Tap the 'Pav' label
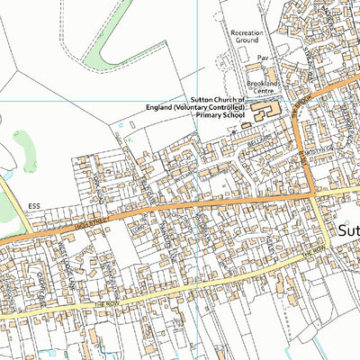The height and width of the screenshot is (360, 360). [264, 58]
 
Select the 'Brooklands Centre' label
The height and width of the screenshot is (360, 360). [266, 87]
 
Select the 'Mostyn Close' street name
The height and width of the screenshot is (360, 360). [324, 148]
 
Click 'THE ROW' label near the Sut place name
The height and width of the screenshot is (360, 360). [311, 256]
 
